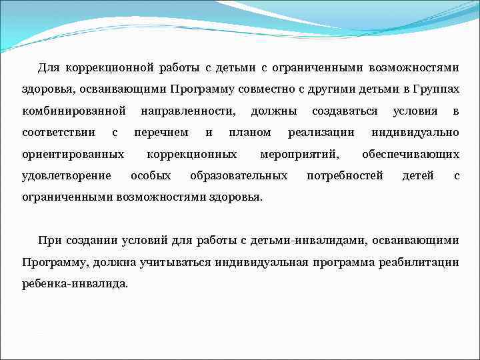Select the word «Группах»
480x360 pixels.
[436, 89]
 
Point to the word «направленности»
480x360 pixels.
[189, 111]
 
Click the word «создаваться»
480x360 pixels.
[345, 111]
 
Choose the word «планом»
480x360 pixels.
[250, 133]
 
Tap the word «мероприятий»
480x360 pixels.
[299, 155]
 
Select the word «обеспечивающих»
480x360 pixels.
[410, 155]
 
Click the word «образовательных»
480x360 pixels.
[239, 176]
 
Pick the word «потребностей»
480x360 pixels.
[345, 176]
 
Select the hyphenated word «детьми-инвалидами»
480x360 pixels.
[303, 240]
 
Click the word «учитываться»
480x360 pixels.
[176, 262]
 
